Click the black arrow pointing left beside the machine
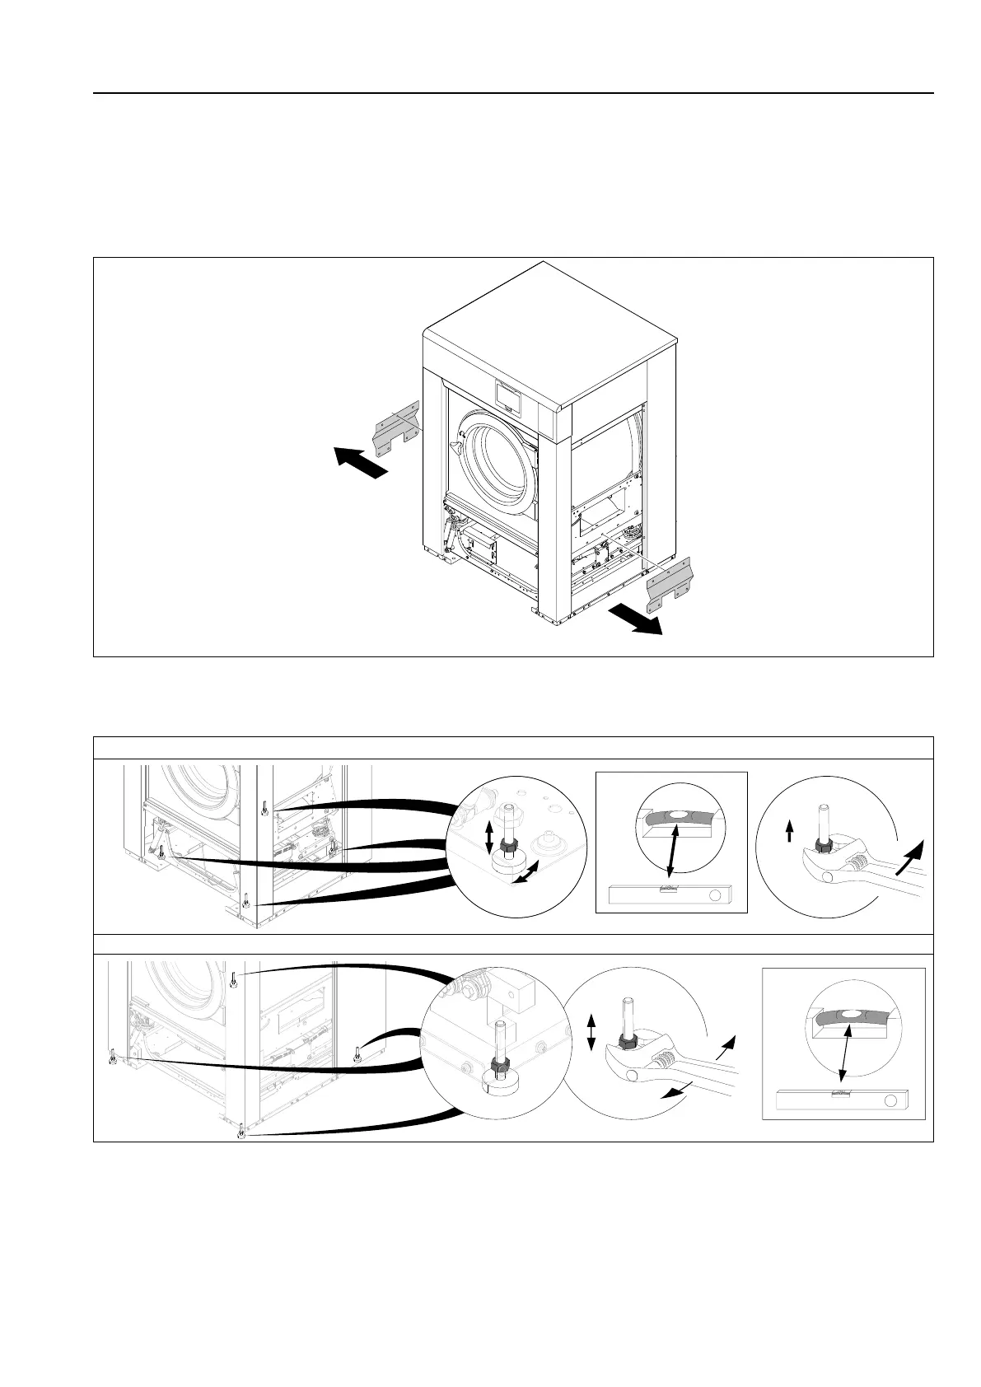tap(359, 460)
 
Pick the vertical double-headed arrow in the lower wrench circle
tap(591, 1032)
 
